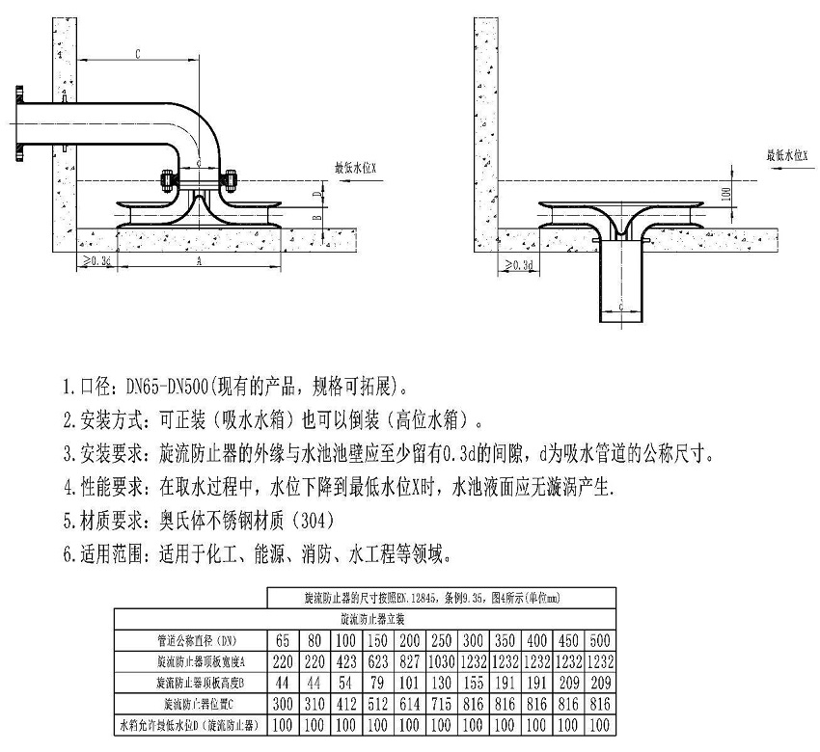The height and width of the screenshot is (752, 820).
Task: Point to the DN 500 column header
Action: tap(600, 640)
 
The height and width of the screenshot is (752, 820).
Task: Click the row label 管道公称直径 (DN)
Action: tap(190, 640)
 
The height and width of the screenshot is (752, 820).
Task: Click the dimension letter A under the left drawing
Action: tap(199, 261)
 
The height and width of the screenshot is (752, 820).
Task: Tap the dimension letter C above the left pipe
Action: tap(139, 54)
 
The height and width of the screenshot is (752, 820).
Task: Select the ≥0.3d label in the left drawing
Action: tap(96, 261)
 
